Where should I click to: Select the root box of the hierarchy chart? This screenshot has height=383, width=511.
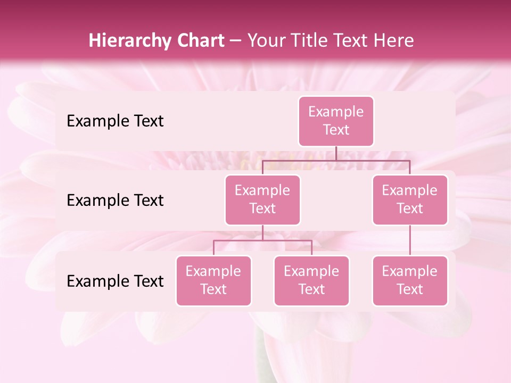pyautogui.click(x=336, y=121)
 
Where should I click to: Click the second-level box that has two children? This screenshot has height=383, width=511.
pyautogui.click(x=262, y=199)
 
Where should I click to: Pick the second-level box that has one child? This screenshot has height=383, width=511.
pyautogui.click(x=410, y=199)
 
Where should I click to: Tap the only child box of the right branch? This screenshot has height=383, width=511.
pyautogui.click(x=410, y=280)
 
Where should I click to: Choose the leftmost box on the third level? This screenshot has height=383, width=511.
pyautogui.click(x=213, y=280)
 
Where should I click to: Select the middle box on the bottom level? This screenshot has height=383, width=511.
pyautogui.click(x=311, y=280)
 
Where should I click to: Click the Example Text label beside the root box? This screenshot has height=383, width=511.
pyautogui.click(x=115, y=121)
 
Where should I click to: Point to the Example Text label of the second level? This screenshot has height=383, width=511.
pyautogui.click(x=115, y=200)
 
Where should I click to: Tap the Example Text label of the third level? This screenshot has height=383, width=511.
pyautogui.click(x=115, y=281)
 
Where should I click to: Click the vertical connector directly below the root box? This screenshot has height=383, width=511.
pyautogui.click(x=336, y=153)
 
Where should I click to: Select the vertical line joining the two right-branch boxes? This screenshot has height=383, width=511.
pyautogui.click(x=410, y=240)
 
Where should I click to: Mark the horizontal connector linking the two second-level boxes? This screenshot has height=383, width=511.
pyautogui.click(x=336, y=160)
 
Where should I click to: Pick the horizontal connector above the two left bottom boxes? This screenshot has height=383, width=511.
pyautogui.click(x=262, y=240)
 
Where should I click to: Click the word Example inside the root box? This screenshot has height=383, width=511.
pyautogui.click(x=336, y=112)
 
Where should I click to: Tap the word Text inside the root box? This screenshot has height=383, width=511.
pyautogui.click(x=336, y=130)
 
